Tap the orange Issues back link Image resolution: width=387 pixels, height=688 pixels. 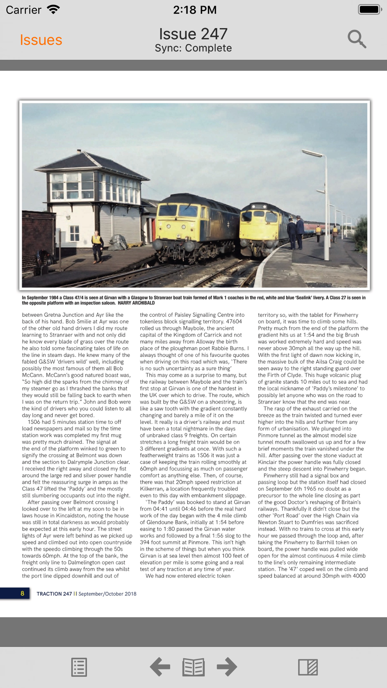tap(41, 40)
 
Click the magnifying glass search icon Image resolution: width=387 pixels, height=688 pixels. tap(356, 39)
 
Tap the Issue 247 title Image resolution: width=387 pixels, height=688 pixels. tap(193, 34)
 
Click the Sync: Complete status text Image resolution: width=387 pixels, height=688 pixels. tap(193, 48)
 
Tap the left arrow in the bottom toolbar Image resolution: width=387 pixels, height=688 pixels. tap(160, 667)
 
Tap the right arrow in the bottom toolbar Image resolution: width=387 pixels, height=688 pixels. tap(227, 667)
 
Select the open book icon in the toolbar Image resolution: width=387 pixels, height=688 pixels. tap(193, 667)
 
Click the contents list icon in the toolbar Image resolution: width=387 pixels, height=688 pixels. tap(79, 667)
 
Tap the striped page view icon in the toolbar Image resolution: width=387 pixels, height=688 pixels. tap(308, 667)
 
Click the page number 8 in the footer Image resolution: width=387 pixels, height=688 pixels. tap(22, 594)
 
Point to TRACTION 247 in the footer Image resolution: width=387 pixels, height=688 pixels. tap(54, 594)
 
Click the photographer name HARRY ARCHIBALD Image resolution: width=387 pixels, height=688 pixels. tap(136, 303)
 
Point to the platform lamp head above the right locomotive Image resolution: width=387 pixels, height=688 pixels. tap(312, 154)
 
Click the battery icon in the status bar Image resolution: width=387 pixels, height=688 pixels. tap(370, 10)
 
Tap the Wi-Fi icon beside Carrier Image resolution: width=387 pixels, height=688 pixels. tap(53, 9)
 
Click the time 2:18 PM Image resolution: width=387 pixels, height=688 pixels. tap(195, 10)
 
